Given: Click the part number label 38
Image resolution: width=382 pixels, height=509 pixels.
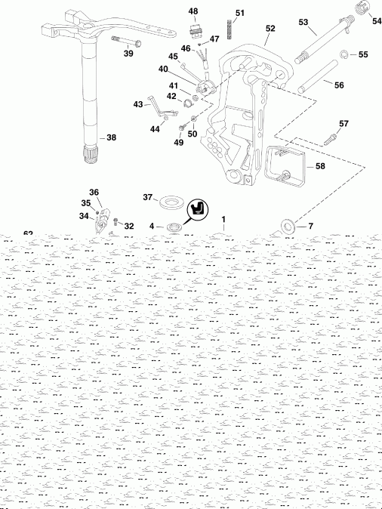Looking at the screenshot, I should click(111, 138).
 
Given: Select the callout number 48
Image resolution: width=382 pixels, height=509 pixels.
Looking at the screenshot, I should click(193, 11).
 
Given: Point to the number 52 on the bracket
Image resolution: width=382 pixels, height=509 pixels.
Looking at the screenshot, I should click(270, 28).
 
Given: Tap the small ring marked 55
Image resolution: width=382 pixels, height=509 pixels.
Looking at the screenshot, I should click(343, 54).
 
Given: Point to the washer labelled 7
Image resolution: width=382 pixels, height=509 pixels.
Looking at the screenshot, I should click(288, 226).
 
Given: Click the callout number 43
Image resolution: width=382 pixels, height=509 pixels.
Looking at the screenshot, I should click(138, 103).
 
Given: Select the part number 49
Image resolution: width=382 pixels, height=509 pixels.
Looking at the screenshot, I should click(178, 143).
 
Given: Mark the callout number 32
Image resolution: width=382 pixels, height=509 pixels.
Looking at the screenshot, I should click(129, 226).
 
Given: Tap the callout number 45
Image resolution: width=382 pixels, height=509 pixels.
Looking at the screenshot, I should click(173, 57).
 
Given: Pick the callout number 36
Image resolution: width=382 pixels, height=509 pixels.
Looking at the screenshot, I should click(94, 193).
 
